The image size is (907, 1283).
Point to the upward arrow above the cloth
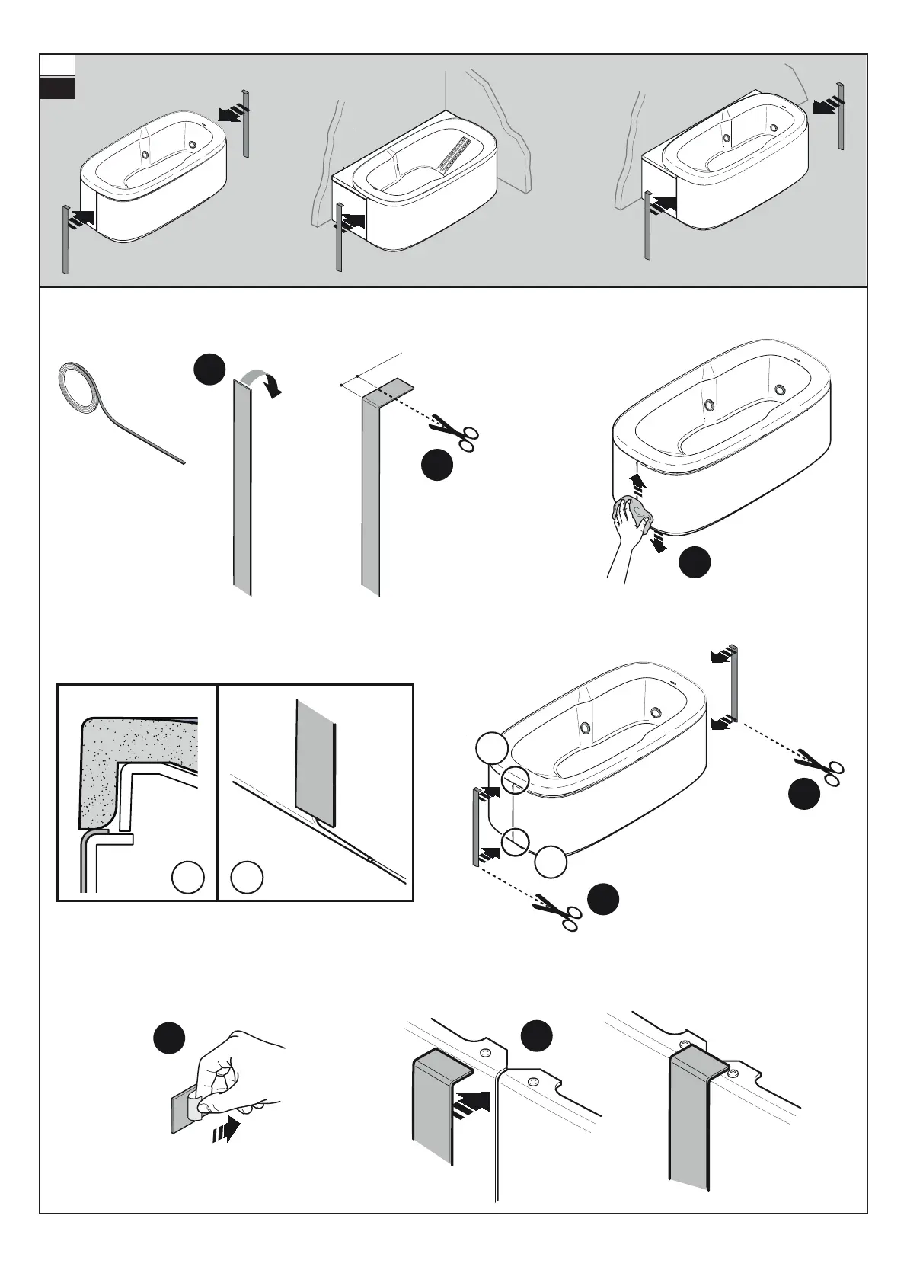(x=638, y=482)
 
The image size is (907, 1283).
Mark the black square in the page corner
(x=58, y=88)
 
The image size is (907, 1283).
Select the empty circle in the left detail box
(x=187, y=878)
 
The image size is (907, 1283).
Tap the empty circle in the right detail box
(x=248, y=878)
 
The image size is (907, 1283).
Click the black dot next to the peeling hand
(x=168, y=1037)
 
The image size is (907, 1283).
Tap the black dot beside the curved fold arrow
(x=209, y=370)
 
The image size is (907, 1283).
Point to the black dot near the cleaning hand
(x=695, y=562)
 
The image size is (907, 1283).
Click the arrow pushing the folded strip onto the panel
(x=471, y=1102)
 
